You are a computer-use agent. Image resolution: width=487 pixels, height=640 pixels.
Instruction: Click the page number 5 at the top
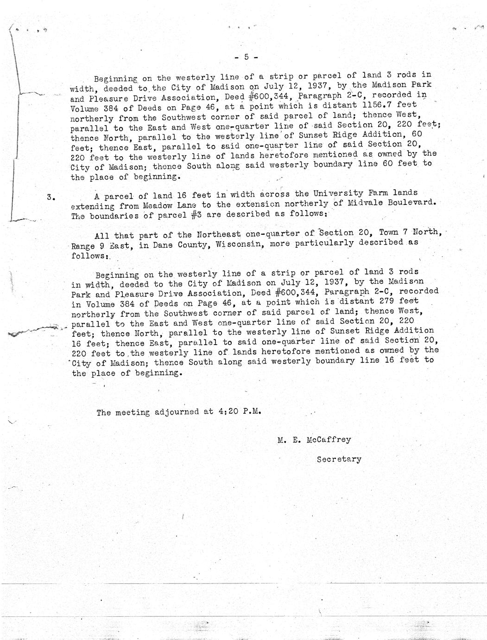click(247, 57)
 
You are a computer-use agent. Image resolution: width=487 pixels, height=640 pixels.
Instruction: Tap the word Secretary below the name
click(339, 459)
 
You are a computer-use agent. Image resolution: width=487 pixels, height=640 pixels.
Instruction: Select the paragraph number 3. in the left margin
click(51, 197)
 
